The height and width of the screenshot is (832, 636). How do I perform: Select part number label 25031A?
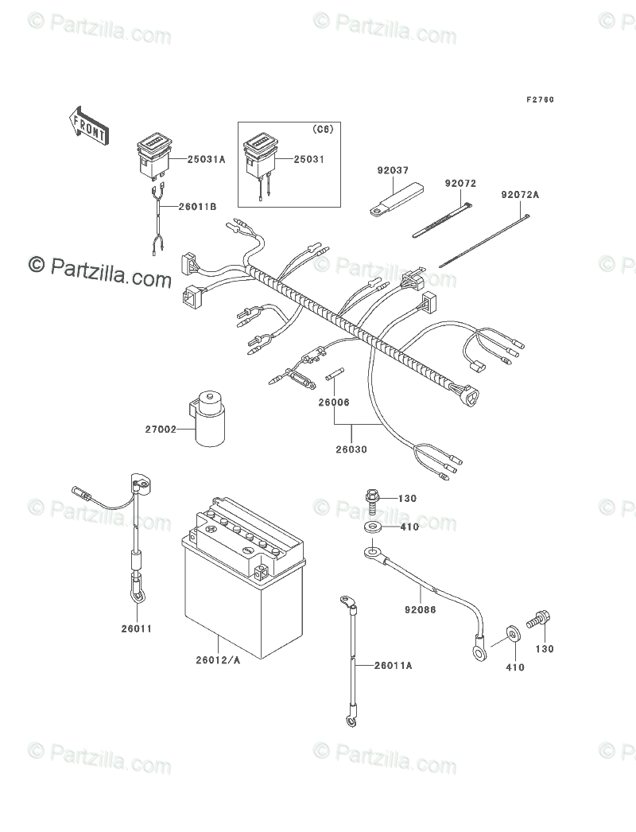(x=207, y=159)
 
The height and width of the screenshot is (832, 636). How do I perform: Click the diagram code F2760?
(x=539, y=100)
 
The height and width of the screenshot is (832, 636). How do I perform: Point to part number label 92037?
(x=394, y=169)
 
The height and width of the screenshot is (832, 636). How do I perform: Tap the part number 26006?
(x=334, y=402)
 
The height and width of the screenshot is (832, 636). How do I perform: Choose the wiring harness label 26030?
(x=351, y=449)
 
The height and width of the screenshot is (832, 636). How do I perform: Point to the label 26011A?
(x=394, y=665)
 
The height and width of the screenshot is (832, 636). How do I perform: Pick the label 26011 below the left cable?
(x=137, y=628)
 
